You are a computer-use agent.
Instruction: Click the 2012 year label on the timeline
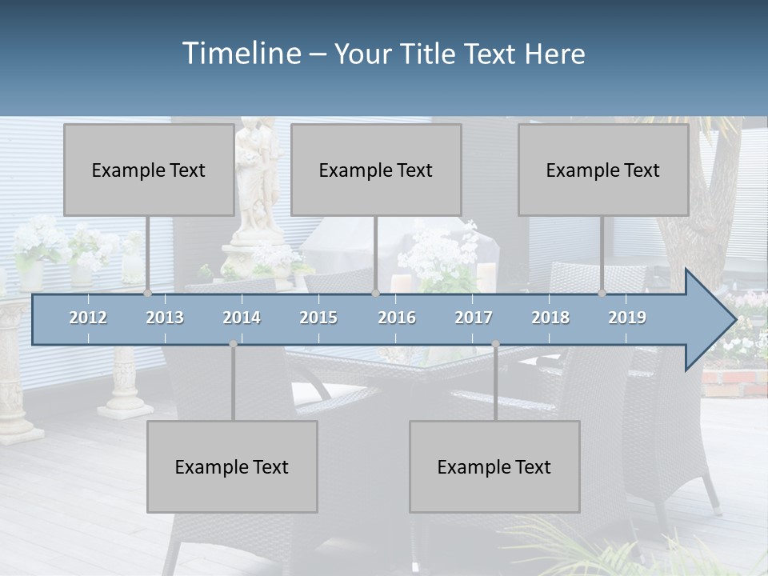click(88, 318)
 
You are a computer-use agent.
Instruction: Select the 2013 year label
click(165, 318)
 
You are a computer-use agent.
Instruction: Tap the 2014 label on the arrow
click(242, 318)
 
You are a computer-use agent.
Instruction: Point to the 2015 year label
click(318, 318)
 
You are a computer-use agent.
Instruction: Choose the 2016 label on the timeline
click(397, 318)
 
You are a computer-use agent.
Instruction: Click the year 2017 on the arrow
click(474, 318)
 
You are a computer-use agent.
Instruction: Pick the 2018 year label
click(550, 318)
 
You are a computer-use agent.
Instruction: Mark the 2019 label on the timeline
click(627, 318)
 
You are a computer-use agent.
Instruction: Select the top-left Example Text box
click(149, 170)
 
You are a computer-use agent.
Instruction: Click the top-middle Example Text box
click(376, 170)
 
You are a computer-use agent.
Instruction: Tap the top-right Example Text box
click(603, 170)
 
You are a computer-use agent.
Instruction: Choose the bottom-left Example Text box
click(232, 466)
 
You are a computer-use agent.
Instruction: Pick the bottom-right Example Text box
click(494, 466)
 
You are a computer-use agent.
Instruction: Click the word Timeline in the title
click(240, 54)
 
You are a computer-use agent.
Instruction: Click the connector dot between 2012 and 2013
click(147, 294)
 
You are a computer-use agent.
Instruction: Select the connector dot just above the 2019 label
click(602, 294)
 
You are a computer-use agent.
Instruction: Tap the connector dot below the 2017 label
click(495, 344)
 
